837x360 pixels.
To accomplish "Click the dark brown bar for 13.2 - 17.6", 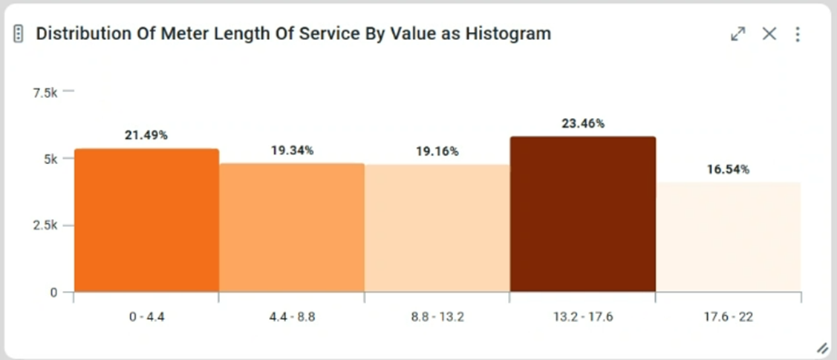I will (582, 215).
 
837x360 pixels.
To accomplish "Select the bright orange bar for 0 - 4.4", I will (146, 220).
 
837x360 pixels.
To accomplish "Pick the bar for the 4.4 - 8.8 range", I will (292, 228).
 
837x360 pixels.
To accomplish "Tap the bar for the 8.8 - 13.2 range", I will (437, 229).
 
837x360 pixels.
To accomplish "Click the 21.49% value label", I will (146, 135).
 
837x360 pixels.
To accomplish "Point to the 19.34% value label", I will (292, 150).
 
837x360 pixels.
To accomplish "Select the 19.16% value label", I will (437, 151).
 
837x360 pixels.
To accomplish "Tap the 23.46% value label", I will (582, 123).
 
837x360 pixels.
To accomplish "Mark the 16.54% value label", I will (728, 169).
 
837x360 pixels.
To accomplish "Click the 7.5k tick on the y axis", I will (45, 92).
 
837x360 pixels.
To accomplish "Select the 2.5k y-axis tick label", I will (45, 225).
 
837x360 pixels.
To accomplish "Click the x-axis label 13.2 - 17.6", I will (582, 317).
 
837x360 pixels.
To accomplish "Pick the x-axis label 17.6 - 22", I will (728, 317).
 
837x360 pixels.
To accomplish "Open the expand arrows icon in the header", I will (737, 34).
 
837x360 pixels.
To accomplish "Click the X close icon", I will (769, 34).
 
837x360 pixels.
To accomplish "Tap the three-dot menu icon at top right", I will (798, 34).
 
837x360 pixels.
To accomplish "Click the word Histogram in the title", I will (509, 33).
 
